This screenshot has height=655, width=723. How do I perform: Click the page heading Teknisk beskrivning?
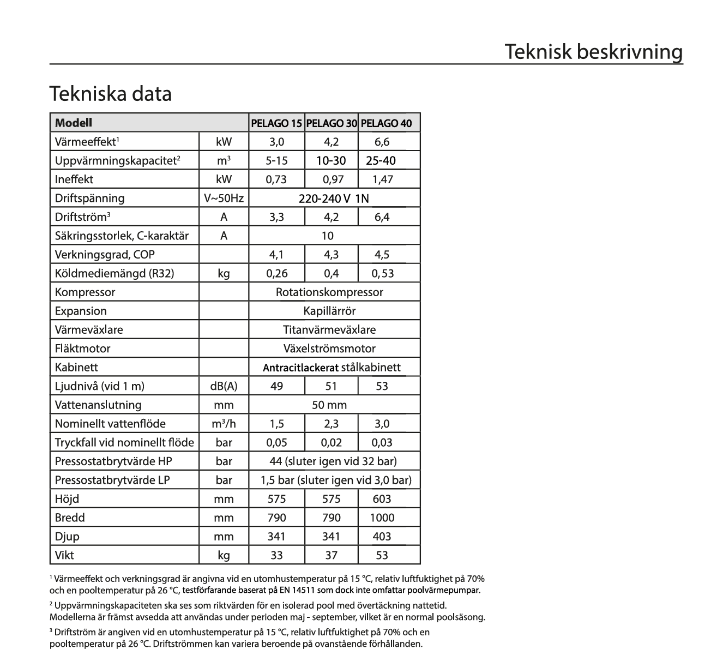coord(593,52)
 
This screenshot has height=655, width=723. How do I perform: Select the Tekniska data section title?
coord(111,94)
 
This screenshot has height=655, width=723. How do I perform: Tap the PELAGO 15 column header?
coord(276,123)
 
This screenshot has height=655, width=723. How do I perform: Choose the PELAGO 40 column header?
coord(387,123)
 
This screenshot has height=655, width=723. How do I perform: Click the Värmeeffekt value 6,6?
coord(382,142)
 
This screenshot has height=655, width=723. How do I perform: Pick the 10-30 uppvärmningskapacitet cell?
coord(331,161)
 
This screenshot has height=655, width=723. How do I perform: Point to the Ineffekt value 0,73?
coord(276,179)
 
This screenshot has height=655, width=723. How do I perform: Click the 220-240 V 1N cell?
coord(334,199)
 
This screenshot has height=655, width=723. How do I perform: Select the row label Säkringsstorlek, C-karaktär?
coord(122,236)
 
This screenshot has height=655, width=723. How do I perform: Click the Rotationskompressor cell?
coord(329,292)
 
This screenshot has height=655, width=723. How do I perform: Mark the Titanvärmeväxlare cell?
coord(329,330)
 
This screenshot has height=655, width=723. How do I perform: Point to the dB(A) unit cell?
coord(224,386)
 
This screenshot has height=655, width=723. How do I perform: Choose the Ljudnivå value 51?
coord(331,386)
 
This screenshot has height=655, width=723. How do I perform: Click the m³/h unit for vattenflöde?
coord(224,424)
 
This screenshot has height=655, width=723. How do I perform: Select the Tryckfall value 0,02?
coord(331,443)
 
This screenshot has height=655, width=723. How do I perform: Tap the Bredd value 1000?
coord(382,518)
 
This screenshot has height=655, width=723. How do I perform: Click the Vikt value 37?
coord(331,555)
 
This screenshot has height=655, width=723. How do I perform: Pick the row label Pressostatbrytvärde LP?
coord(112,480)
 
